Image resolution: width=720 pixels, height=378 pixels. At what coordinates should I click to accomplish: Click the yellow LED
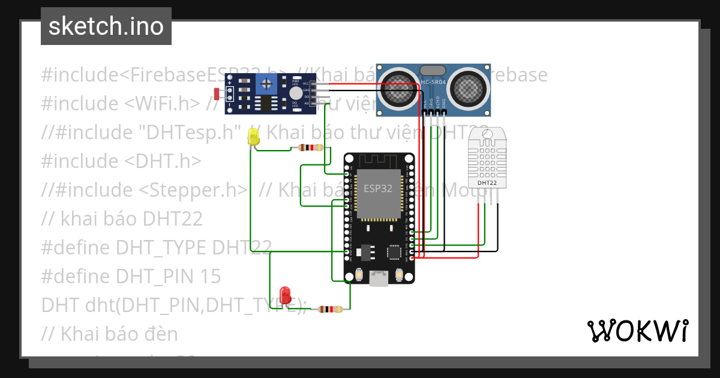[x=253, y=139]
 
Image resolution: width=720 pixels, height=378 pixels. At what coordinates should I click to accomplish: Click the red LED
[x=286, y=295]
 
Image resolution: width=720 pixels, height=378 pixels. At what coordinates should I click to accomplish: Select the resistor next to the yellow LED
[x=310, y=148]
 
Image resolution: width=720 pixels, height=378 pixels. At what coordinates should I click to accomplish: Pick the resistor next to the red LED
[x=329, y=310]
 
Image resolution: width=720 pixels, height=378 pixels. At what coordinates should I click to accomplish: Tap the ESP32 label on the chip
[x=379, y=188]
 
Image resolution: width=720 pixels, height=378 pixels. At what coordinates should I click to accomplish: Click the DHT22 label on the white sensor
[x=487, y=182]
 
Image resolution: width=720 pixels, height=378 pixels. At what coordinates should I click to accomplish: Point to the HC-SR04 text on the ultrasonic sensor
[x=433, y=82]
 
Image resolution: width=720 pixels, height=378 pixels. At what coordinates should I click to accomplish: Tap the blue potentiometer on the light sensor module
[x=265, y=85]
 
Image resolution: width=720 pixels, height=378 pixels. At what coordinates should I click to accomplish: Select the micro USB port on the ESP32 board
[x=379, y=277]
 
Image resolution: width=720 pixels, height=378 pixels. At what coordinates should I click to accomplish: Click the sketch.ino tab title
[x=106, y=26]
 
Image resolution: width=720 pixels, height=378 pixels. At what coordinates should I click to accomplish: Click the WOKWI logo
[x=637, y=331]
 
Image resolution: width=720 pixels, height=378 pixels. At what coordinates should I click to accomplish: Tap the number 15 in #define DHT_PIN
[x=210, y=276]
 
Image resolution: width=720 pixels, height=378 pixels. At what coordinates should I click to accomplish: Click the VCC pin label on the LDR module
[x=306, y=83]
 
